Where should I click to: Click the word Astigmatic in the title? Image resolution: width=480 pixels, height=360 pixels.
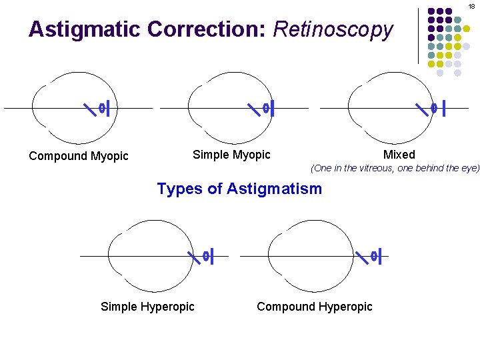pos(85,30)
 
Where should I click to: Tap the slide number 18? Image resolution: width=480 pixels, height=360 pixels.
pos(471,5)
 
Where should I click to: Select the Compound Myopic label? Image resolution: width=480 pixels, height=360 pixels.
pos(79,156)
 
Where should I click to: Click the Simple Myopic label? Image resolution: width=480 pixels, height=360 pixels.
pos(231,155)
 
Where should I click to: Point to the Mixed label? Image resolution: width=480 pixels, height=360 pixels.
pos(399,155)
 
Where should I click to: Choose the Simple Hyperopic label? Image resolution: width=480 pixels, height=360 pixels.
pos(147,307)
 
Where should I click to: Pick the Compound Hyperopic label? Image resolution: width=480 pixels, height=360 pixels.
pos(315,307)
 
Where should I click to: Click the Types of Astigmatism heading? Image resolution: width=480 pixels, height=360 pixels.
pos(239,189)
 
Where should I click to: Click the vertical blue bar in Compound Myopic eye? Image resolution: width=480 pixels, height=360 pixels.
pos(108,107)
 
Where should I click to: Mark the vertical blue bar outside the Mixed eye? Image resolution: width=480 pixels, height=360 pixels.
pos(444,107)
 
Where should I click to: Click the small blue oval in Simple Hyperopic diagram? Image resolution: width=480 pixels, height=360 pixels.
pos(206,255)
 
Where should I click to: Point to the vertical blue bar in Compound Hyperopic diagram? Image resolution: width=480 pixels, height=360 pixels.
pos(379,255)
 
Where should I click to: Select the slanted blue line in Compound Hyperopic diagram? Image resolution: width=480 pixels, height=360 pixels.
pos(362,255)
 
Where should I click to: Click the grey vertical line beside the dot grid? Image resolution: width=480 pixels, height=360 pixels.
pos(419,36)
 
